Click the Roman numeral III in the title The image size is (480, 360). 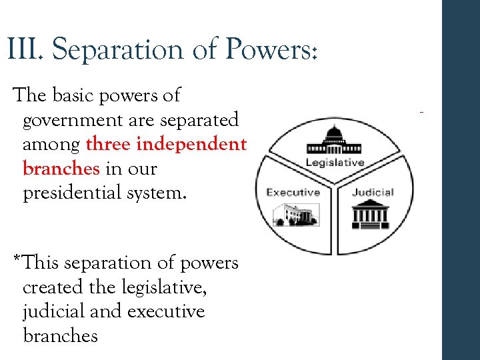pos(24,49)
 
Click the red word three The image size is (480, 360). pos(108,144)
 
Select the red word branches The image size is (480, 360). pos(61,169)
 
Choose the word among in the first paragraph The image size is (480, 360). pos(51,144)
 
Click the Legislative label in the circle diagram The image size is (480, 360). pos(335,163)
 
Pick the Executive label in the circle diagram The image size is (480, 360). pos(293,193)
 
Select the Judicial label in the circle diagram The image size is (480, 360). pos(373,193)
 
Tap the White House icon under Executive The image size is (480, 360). pos(295,215)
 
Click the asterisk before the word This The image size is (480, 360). pos(18,259)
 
